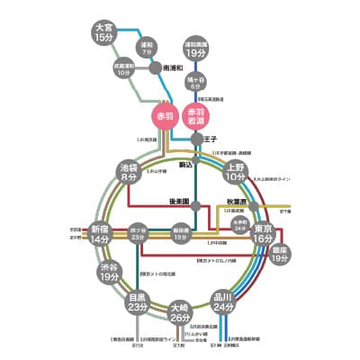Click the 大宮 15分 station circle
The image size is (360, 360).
tap(104, 32)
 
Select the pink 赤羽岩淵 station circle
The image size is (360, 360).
tap(195, 116)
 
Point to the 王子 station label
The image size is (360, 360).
tap(212, 139)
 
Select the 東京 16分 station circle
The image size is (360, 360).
tap(261, 232)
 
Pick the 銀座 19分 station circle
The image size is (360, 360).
tap(280, 253)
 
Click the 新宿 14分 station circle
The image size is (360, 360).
tap(100, 236)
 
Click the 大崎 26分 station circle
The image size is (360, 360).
tap(180, 311)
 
